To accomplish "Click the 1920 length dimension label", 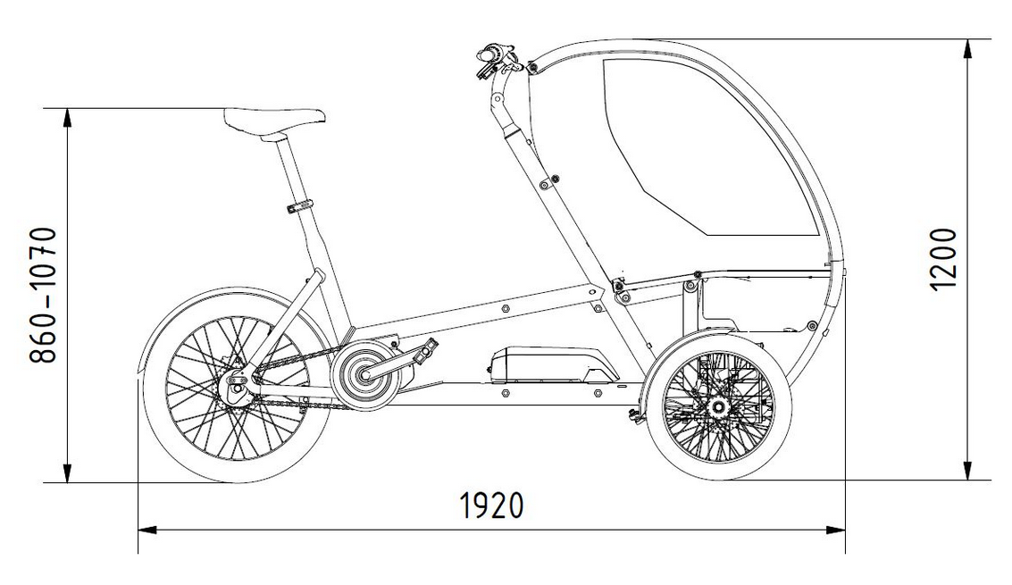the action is pyautogui.click(x=491, y=506).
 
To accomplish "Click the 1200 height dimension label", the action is pyautogui.click(x=943, y=259).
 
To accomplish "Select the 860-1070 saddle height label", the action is pyautogui.click(x=43, y=295).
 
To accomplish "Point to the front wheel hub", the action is pyautogui.click(x=717, y=407).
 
